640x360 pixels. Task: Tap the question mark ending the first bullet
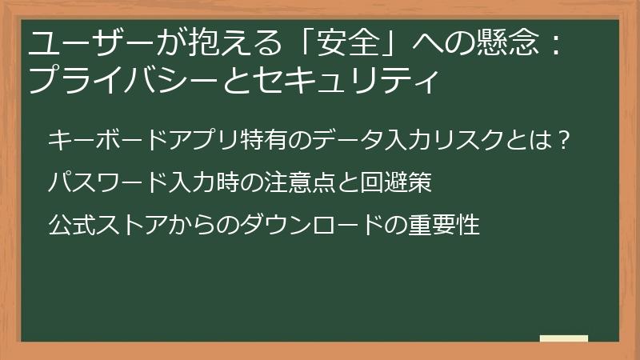563,141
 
